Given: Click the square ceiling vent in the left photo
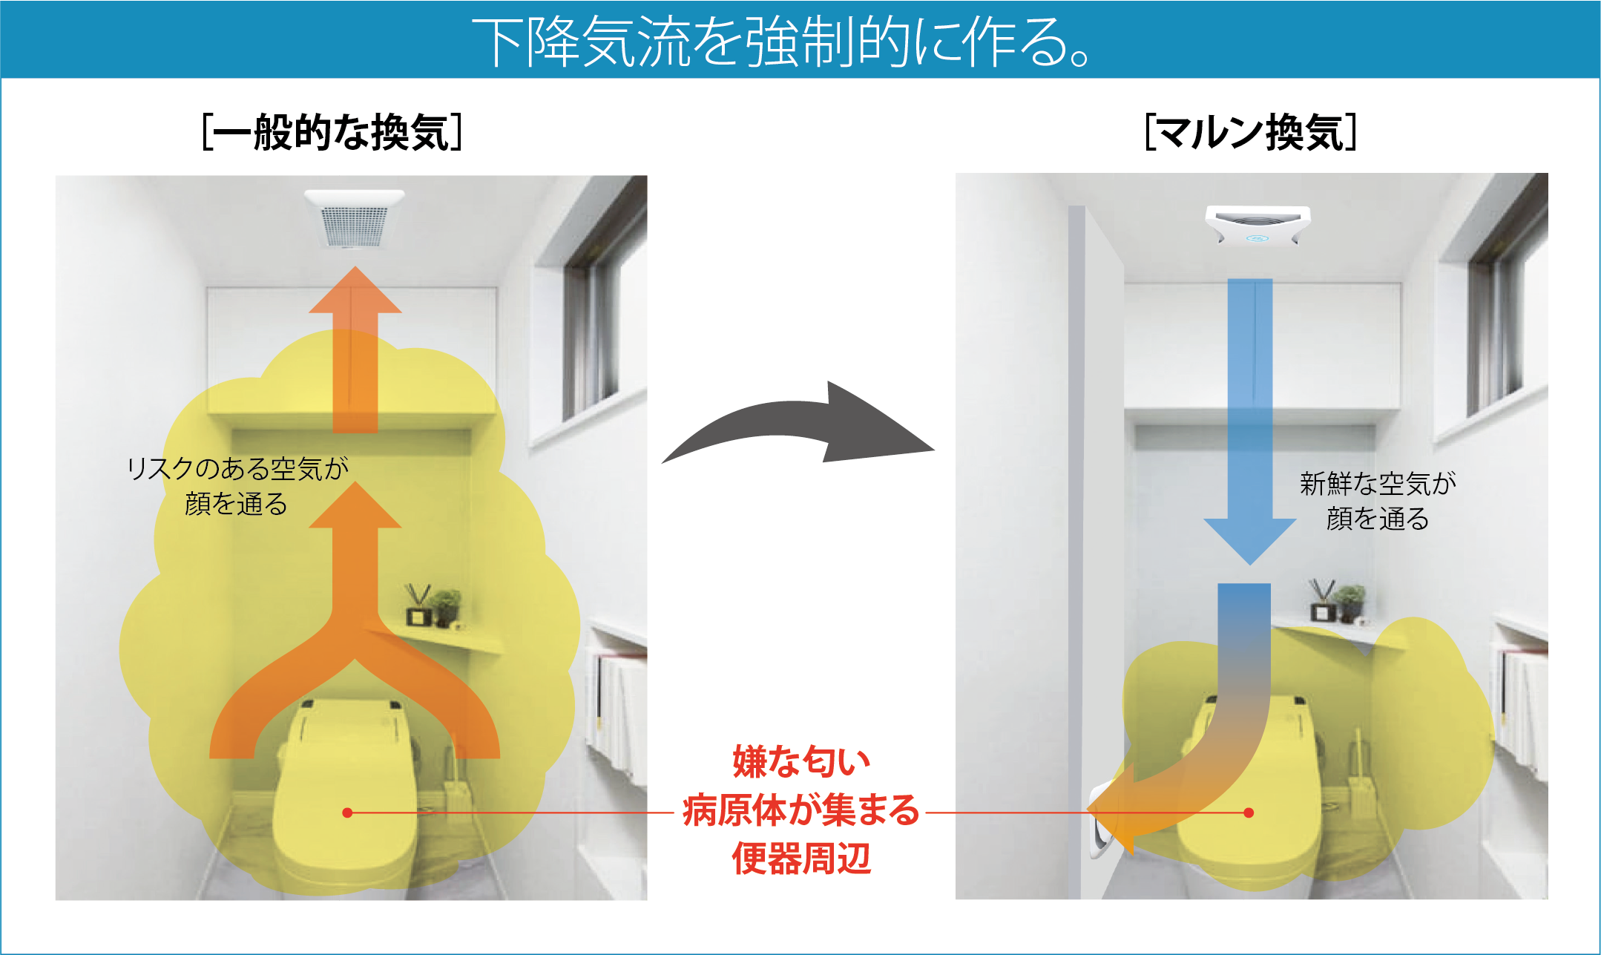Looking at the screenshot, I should tap(355, 218).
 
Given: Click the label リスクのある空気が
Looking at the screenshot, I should tap(237, 469).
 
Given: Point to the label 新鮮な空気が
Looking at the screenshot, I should tap(1378, 484).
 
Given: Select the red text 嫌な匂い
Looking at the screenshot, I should tap(801, 761).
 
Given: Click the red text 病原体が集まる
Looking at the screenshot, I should tap(801, 810).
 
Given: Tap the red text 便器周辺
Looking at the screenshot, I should tap(801, 859).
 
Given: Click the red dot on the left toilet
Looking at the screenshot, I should tap(347, 813).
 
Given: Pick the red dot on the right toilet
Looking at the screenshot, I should tap(1249, 813).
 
